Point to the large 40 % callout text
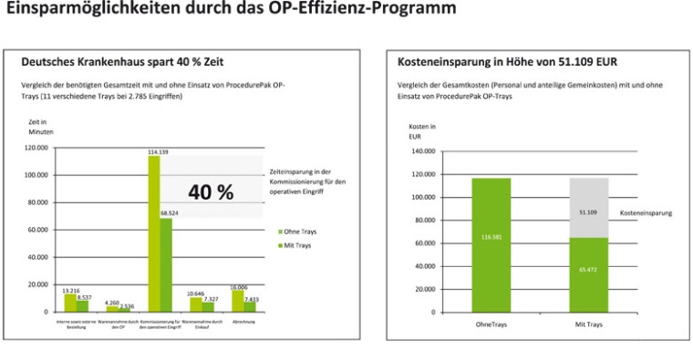[x=211, y=192]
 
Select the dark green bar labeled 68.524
[x=166, y=264]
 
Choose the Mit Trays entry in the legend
[x=295, y=245]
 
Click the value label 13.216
[x=69, y=290]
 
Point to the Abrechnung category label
[x=244, y=321]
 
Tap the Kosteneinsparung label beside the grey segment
[x=646, y=212]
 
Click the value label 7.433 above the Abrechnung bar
[x=252, y=298]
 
